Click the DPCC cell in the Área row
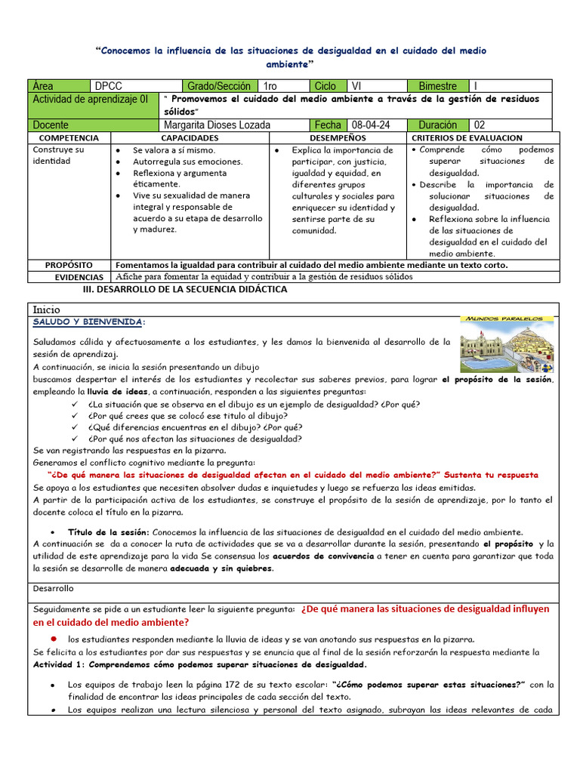[109, 86]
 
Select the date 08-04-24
[371, 125]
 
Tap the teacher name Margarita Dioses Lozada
[216, 125]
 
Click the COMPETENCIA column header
[69, 138]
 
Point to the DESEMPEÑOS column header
[338, 138]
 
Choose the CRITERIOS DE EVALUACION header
[467, 138]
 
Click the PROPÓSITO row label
[69, 266]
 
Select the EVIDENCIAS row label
[69, 277]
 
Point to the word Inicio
[47, 310]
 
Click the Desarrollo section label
[54, 588]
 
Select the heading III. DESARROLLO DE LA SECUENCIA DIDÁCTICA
[184, 289]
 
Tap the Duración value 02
[480, 125]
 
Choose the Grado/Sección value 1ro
[271, 86]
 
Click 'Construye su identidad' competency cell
[59, 156]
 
